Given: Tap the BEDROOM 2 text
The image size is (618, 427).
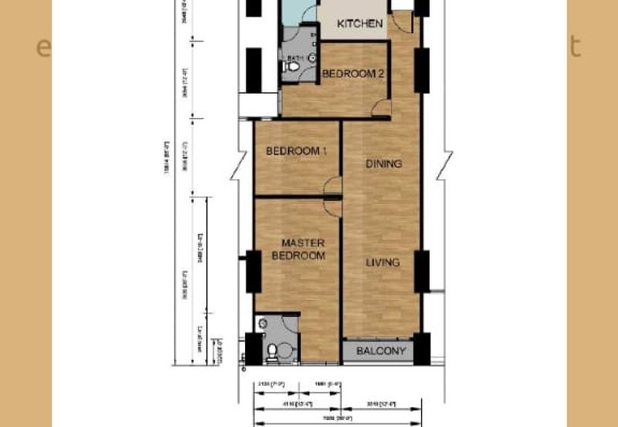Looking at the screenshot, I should point(353,74).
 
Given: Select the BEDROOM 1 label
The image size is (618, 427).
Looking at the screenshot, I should point(296,152).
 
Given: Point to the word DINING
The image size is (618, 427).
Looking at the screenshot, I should point(383,164).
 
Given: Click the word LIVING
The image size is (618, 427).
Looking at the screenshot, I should point(382,262).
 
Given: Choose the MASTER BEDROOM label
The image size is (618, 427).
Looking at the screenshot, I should point(303,249).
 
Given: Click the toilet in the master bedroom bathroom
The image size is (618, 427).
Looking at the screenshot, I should point(271,352).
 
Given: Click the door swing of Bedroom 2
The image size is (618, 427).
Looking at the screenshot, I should point(381,108).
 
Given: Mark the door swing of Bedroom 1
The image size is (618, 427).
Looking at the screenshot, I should point(333,186).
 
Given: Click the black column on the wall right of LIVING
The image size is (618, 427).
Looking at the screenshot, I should point(422,271).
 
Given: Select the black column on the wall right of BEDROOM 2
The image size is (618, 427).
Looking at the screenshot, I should point(422,70).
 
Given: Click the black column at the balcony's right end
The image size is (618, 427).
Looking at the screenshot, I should point(422,347).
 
